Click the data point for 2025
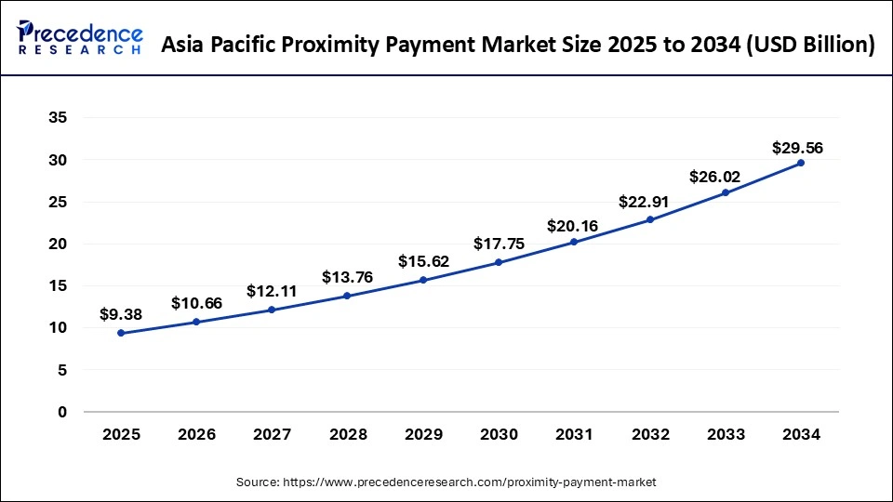click(x=121, y=333)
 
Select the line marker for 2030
click(x=499, y=262)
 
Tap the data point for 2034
click(x=801, y=163)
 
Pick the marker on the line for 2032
click(x=650, y=219)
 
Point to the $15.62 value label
click(x=423, y=261)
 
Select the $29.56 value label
click(x=797, y=148)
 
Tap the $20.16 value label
click(x=574, y=224)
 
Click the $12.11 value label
click(x=272, y=291)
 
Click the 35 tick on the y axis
click(x=57, y=118)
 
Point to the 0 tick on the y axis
click(x=61, y=412)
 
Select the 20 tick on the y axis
click(x=57, y=244)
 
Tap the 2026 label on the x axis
click(x=196, y=434)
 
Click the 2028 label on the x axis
click(x=347, y=434)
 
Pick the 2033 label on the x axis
click(x=726, y=434)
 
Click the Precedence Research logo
click(x=80, y=38)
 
